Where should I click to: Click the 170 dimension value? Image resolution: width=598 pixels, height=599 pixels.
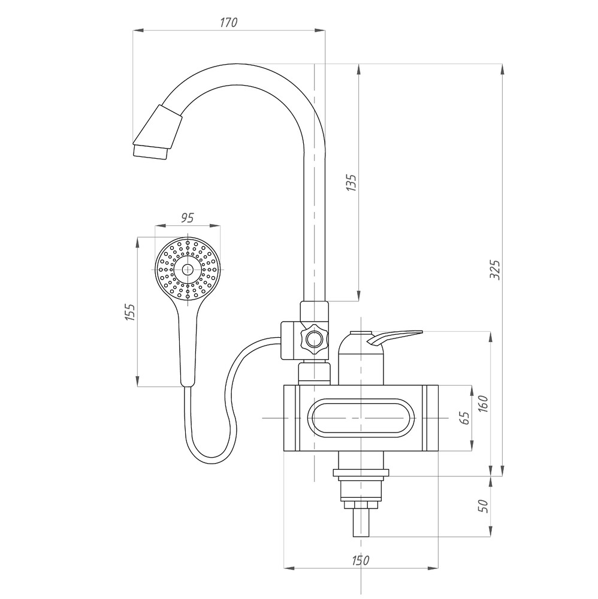point(228,23)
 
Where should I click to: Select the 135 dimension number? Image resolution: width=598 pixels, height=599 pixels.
point(351,183)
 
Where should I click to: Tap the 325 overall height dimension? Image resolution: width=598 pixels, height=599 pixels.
point(494,270)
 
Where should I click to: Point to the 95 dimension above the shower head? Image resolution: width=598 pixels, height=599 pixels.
point(187,218)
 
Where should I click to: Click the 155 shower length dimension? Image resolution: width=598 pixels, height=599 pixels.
point(130,312)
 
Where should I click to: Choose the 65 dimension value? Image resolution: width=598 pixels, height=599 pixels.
point(464,418)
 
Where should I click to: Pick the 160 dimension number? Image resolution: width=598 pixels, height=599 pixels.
point(483,403)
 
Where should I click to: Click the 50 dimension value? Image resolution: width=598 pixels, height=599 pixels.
point(483,506)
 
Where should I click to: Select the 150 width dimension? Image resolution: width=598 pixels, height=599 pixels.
point(360,560)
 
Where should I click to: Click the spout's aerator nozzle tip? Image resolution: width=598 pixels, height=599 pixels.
point(150,152)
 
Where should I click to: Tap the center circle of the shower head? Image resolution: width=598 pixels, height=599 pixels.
point(187,270)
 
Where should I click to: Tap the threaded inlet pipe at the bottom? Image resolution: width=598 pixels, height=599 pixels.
point(361,522)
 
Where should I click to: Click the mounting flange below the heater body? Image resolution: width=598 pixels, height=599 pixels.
point(361,473)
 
